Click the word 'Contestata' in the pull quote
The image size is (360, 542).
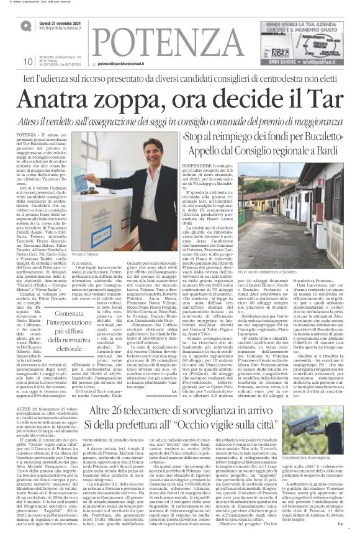(65, 297)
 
